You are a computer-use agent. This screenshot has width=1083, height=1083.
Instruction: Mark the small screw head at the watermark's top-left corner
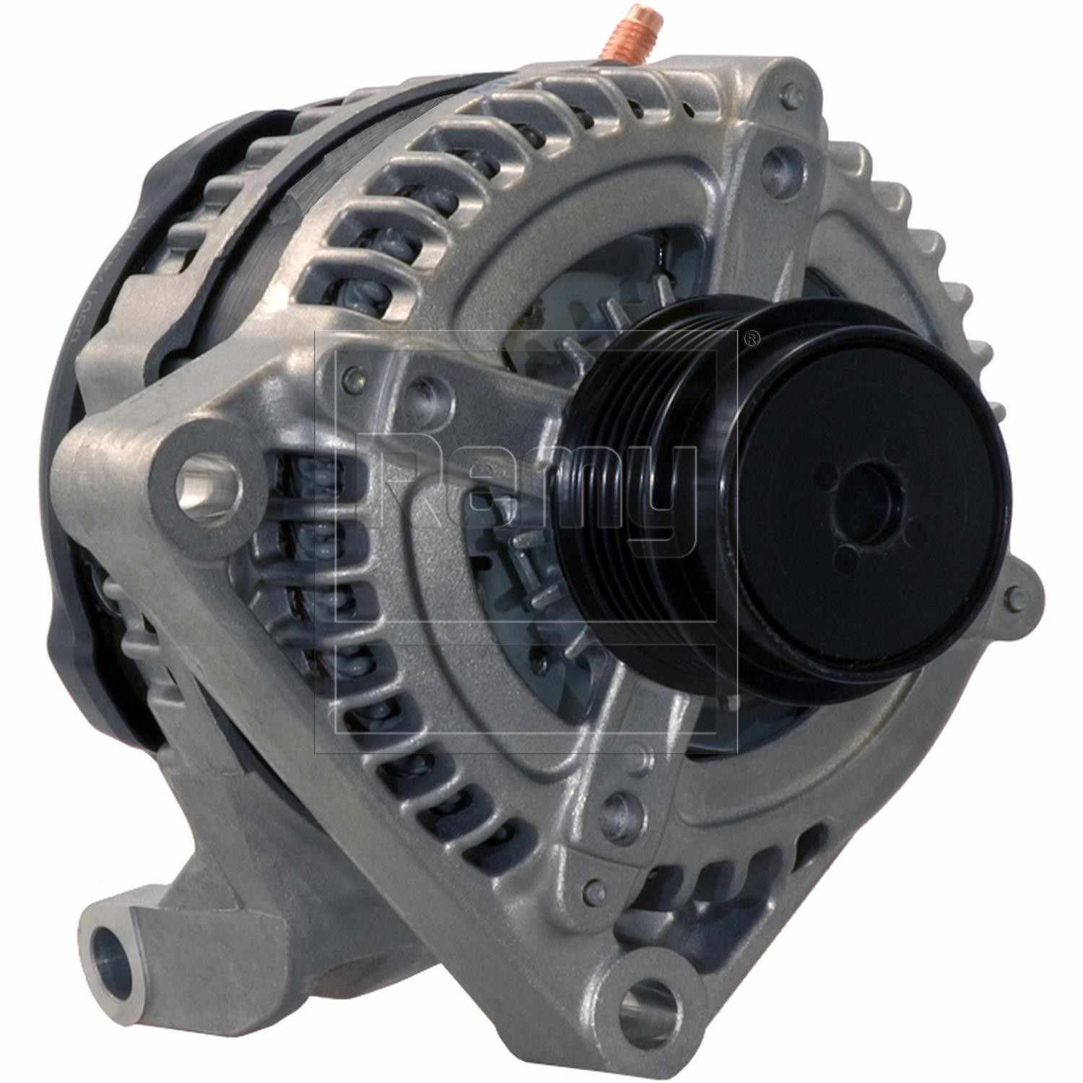(x=352, y=375)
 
